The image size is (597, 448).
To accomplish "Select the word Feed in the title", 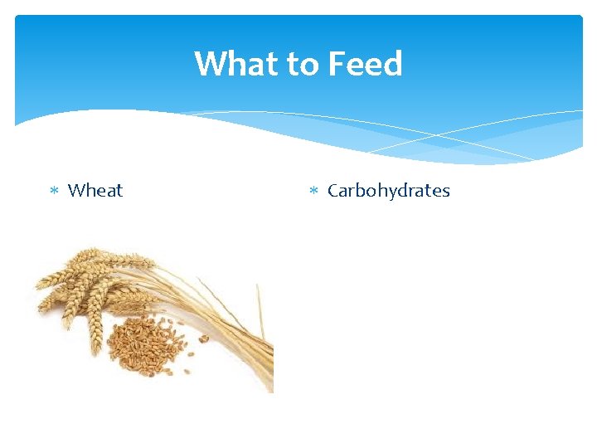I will tap(365, 64).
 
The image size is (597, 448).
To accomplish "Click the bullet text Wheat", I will tap(95, 190).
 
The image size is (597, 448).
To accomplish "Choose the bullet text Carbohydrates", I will tap(388, 190).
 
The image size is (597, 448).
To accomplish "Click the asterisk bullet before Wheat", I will tap(53, 191).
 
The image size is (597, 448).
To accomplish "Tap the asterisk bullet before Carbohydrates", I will tap(313, 191).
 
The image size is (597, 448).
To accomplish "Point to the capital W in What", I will tap(210, 64).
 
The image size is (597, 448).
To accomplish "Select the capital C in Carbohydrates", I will tap(333, 190).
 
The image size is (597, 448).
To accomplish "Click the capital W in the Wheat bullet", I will tap(75, 190).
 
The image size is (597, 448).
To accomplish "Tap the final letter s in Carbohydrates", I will tap(445, 192).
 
